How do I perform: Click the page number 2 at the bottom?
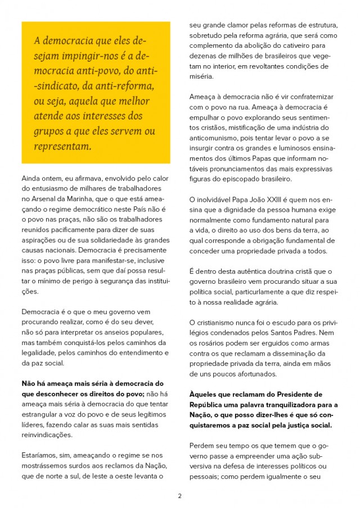tap(179, 496)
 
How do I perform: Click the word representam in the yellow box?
tap(62, 147)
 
